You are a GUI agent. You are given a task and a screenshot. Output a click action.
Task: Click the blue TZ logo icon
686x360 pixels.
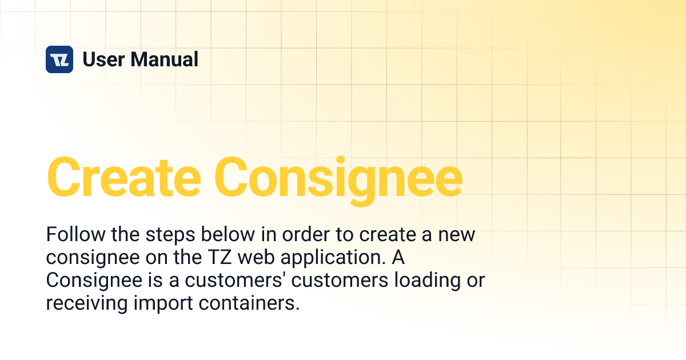click(x=59, y=59)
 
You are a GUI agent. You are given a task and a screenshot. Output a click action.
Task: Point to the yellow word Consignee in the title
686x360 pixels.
click(x=341, y=177)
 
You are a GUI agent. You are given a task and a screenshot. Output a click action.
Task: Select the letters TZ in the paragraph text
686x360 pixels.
click(x=218, y=258)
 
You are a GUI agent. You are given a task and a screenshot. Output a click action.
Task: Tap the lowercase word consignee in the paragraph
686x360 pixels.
click(x=90, y=258)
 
